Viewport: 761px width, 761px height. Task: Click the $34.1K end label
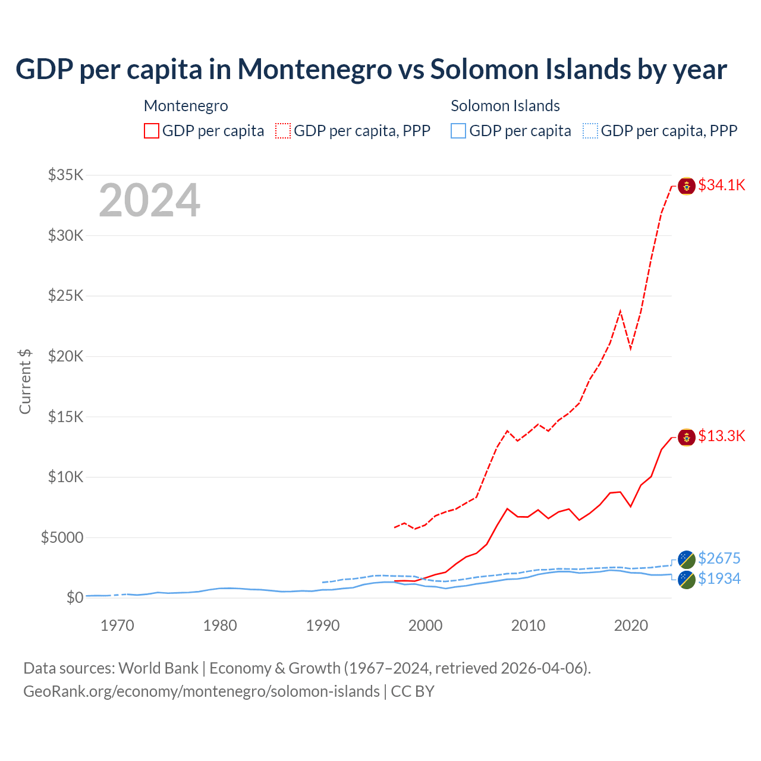coord(721,185)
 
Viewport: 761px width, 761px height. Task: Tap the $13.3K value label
coord(721,436)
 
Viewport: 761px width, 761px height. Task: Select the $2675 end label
coord(719,559)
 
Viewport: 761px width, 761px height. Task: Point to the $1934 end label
coord(719,579)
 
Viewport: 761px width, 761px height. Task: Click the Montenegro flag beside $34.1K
coord(687,185)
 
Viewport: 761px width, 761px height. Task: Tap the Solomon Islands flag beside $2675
coord(687,559)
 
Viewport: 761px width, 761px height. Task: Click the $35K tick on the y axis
coord(66,175)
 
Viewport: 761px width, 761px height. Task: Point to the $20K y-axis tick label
coord(66,357)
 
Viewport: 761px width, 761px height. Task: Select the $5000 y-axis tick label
coord(62,538)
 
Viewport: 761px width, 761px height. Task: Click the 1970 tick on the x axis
coord(117,626)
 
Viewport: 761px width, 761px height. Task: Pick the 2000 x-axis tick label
coord(425,626)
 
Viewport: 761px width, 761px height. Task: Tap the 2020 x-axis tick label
coord(631,626)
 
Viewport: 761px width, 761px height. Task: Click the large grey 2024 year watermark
coord(149,201)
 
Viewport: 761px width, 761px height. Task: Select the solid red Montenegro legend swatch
coord(152,131)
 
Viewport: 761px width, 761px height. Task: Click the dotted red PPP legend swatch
coord(283,131)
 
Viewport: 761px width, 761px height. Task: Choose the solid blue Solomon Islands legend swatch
coord(458,131)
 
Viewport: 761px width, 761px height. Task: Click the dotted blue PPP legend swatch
coord(590,131)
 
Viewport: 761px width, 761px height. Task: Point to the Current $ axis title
coord(25,382)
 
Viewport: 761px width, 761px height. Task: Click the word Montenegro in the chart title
coord(315,70)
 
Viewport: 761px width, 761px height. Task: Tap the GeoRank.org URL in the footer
coord(202,692)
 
